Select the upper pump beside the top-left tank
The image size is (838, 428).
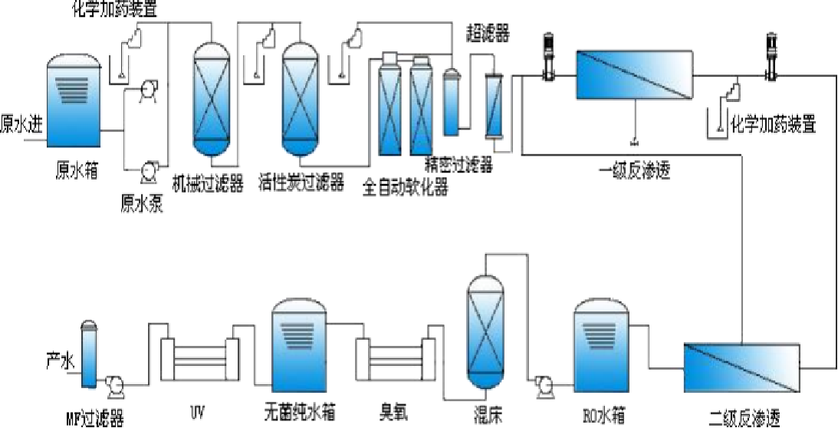[x=149, y=91]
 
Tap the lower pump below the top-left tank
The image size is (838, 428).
[x=149, y=173]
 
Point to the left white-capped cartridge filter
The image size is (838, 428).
[x=390, y=105]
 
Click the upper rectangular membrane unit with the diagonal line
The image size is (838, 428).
[x=634, y=74]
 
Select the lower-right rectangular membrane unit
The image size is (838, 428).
[x=741, y=368]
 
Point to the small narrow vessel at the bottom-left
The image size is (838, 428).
[x=90, y=354]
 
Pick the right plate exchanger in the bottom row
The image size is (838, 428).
[x=396, y=357]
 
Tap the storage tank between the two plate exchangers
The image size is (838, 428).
[x=300, y=345]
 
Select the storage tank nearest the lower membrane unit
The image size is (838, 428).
[x=603, y=345]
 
